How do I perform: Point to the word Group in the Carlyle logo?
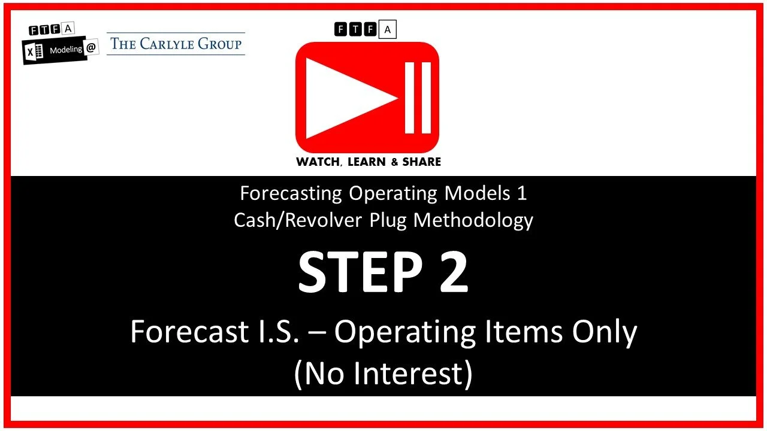[x=221, y=44]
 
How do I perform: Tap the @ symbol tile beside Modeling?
[x=91, y=49]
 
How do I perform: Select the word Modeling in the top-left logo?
[x=65, y=50]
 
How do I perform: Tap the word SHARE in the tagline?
[x=422, y=162]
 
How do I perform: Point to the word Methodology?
[x=473, y=220]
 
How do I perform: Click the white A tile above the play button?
[x=388, y=29]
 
